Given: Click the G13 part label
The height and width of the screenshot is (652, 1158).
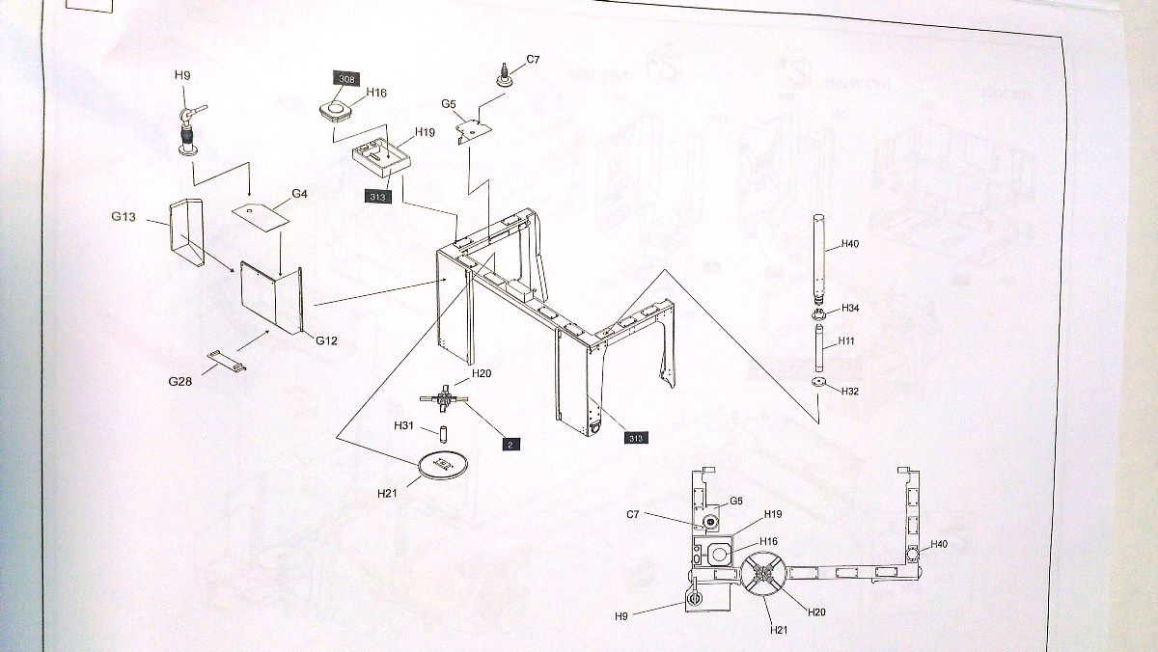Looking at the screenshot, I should (x=123, y=216).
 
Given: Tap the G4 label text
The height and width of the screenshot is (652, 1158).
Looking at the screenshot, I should (x=299, y=194).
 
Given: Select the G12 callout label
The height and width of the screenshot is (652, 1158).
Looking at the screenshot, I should (x=326, y=340).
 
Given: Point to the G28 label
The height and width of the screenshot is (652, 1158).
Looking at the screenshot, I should (x=180, y=381).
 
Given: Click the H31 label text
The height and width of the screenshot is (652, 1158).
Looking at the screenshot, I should (x=403, y=425).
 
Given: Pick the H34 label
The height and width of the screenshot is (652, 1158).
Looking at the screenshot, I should (x=850, y=309).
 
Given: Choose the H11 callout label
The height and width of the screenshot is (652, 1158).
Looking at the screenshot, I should (x=846, y=341).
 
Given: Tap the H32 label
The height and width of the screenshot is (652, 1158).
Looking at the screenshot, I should (x=850, y=392).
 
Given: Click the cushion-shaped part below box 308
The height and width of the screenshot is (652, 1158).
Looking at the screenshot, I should (x=333, y=109).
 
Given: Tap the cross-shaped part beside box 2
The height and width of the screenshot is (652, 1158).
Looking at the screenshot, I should (x=444, y=396).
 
